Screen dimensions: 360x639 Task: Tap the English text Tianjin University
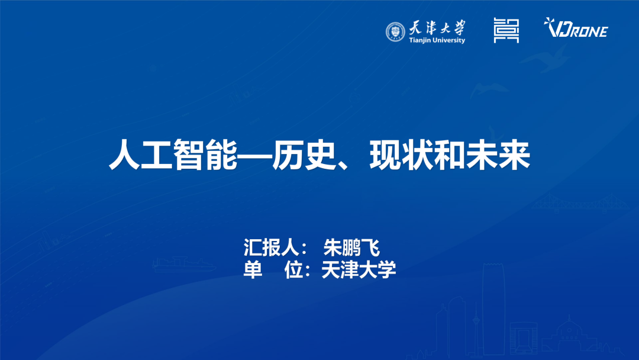437,40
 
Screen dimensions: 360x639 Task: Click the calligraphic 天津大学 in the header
437,27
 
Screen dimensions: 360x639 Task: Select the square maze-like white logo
506,30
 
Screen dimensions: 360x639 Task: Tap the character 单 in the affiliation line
253,270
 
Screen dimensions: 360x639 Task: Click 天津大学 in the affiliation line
359,270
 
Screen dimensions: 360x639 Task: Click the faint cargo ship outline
177,263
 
